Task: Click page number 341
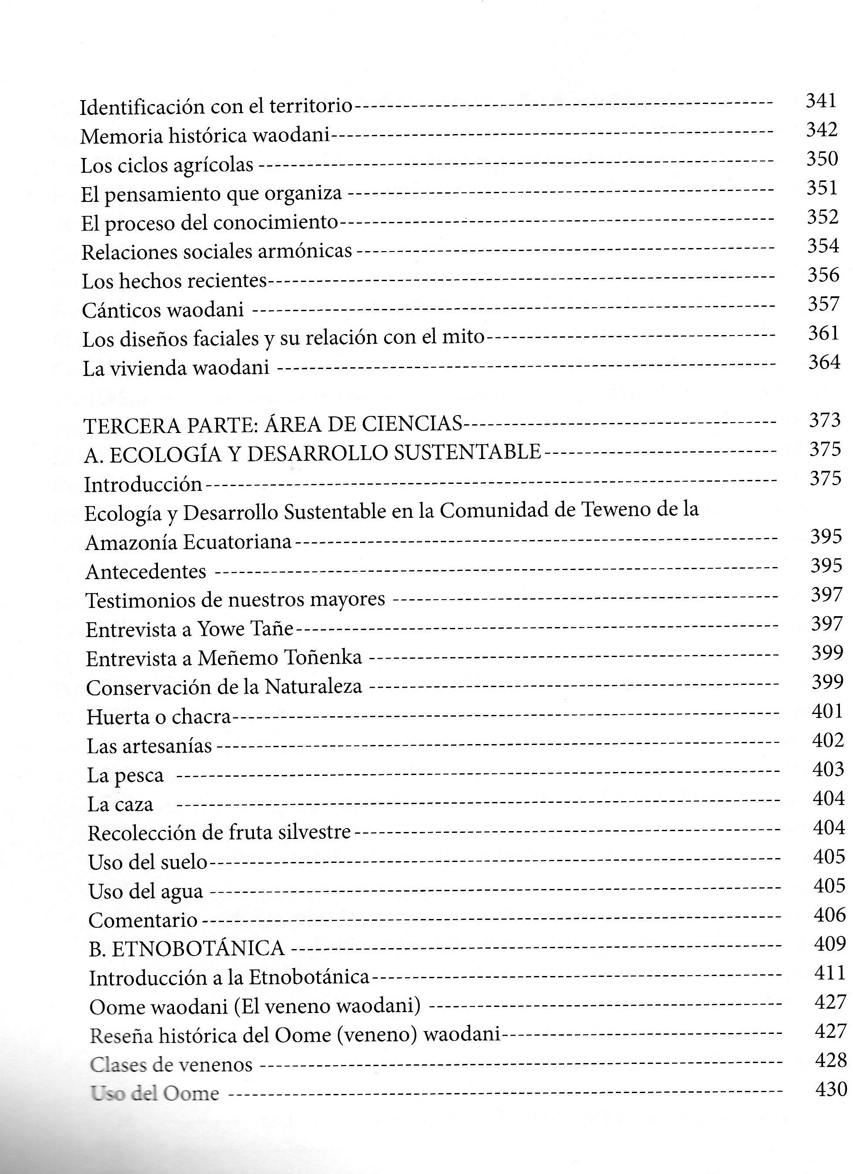[821, 101]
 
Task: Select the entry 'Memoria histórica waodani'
[205, 136]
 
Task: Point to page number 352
[823, 216]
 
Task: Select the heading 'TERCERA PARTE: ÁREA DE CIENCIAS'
[273, 424]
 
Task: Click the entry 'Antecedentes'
[145, 571]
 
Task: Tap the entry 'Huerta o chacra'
[158, 717]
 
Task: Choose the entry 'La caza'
[120, 805]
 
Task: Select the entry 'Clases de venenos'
[171, 1065]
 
